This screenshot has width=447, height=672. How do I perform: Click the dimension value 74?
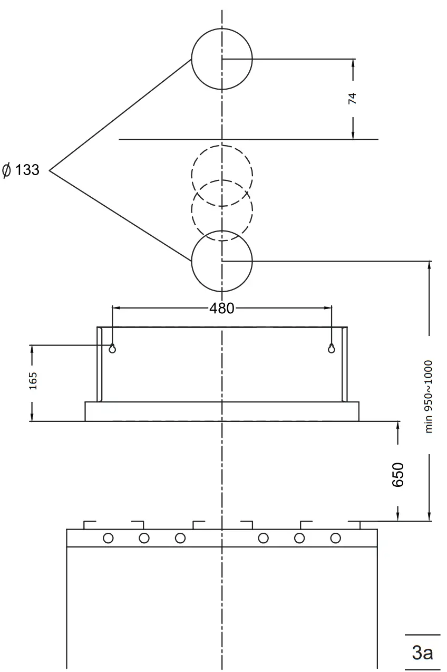point(353,98)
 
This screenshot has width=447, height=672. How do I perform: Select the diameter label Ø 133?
point(21,170)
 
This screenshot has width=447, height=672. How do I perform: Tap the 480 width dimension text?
point(221,309)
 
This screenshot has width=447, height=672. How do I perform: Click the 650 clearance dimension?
point(398,474)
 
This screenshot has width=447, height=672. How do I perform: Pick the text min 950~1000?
point(429,396)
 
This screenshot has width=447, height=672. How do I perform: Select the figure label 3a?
point(422,652)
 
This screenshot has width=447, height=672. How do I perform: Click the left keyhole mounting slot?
point(112,348)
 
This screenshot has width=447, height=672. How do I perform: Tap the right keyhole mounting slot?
point(331,348)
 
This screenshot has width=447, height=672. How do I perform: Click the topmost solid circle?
point(222,59)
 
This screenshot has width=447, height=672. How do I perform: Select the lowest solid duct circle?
point(222,261)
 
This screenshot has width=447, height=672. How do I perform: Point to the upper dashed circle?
point(222,175)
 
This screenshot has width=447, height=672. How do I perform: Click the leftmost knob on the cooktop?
point(108,538)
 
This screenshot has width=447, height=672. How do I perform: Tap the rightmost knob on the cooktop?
point(335,538)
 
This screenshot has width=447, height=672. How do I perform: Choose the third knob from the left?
point(180,538)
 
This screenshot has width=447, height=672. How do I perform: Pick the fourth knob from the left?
point(263,538)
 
